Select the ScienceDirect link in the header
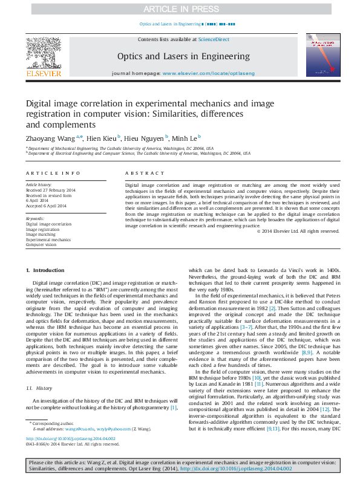click(215, 39)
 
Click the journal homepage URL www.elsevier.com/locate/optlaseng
click(209, 73)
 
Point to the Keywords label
click(35, 218)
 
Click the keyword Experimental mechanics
click(48, 240)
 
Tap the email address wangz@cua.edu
click(76, 427)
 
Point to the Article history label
click(39, 184)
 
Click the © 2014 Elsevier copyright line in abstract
click(298, 231)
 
